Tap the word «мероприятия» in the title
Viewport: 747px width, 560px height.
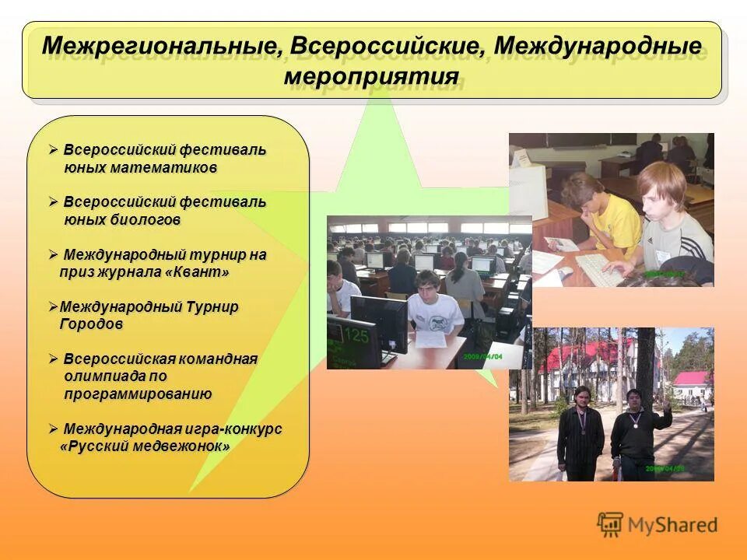click(371, 76)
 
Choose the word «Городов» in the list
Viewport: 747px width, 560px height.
click(91, 324)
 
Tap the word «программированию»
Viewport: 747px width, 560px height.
click(138, 394)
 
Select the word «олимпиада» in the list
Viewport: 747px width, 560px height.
click(103, 376)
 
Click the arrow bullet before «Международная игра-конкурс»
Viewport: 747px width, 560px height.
click(53, 429)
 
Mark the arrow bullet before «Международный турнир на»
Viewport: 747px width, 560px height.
click(53, 254)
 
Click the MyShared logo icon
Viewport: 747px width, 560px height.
click(610, 525)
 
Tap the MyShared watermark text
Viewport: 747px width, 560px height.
click(672, 526)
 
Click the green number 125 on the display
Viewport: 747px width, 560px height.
click(356, 336)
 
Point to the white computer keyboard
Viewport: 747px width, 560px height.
click(603, 268)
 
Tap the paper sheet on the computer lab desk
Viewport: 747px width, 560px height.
click(426, 338)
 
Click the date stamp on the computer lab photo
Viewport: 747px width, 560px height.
click(485, 355)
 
